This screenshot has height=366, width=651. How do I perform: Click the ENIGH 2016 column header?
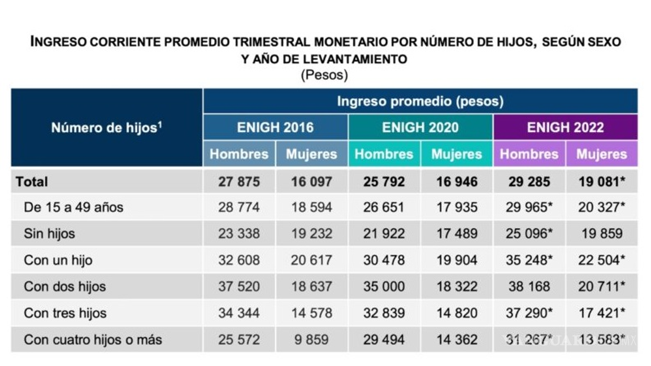pyautogui.click(x=275, y=127)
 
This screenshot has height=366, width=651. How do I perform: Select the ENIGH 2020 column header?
pyautogui.click(x=420, y=127)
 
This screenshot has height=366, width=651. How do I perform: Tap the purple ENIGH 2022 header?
pyautogui.click(x=565, y=127)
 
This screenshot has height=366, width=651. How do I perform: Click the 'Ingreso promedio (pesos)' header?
pyautogui.click(x=420, y=101)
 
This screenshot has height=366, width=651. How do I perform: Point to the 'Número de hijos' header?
pyautogui.click(x=106, y=128)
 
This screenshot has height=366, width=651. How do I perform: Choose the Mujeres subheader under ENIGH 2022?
pyautogui.click(x=601, y=154)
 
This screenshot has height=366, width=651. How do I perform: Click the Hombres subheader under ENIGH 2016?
pyautogui.click(x=239, y=154)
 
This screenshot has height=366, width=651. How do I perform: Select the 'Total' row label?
pyautogui.click(x=32, y=182)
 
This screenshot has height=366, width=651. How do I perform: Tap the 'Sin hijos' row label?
pyautogui.click(x=49, y=234)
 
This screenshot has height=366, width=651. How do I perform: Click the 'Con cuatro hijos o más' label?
pyautogui.click(x=93, y=339)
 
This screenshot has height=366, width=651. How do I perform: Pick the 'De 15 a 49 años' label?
pyautogui.click(x=73, y=207)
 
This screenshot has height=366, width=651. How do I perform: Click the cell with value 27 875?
pyautogui.click(x=239, y=182)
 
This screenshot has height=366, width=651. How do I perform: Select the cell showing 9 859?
pyautogui.click(x=311, y=339)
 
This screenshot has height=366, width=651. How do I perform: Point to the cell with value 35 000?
pyautogui.click(x=384, y=286)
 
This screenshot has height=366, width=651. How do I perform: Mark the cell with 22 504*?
pyautogui.click(x=601, y=260)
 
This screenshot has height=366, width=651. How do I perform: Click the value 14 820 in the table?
pyautogui.click(x=457, y=313)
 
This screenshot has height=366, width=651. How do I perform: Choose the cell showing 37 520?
pyautogui.click(x=239, y=286)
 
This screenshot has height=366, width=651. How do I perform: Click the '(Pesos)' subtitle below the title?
pyautogui.click(x=324, y=74)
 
